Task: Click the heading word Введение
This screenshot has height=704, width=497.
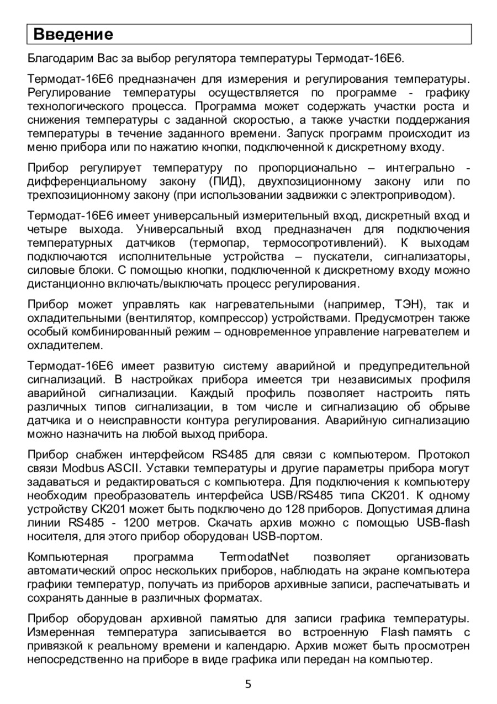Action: point(73,34)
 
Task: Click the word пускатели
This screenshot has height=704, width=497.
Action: point(335,257)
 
